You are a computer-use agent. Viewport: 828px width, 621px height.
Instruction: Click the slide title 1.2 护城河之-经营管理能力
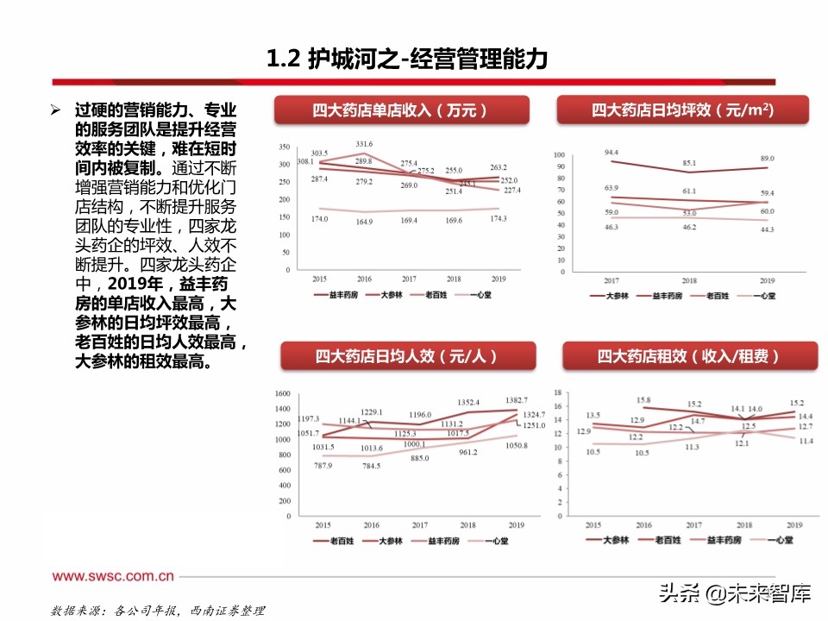pos(406,60)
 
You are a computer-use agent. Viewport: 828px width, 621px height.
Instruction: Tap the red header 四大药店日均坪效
pos(682,110)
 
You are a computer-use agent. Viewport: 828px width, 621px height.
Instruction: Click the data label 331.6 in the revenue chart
pos(363,145)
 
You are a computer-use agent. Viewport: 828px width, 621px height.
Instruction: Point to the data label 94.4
pos(613,153)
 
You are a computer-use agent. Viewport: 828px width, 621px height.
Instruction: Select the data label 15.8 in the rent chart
pos(643,400)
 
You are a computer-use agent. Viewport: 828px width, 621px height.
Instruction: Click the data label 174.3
pos(498,219)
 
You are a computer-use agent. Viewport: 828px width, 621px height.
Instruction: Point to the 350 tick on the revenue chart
pos(284,146)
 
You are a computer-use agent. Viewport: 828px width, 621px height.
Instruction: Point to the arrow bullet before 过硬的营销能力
pos(56,112)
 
